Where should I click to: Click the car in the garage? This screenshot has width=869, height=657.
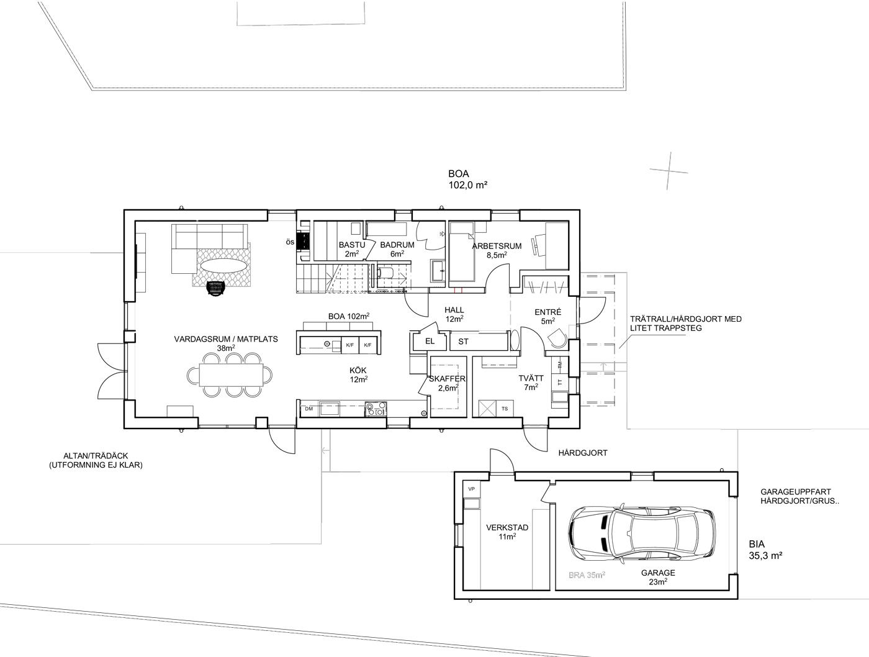point(642,532)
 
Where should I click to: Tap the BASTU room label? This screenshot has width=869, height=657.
point(351,245)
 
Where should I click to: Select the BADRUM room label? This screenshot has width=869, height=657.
point(397,245)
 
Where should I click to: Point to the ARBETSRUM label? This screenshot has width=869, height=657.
point(497,246)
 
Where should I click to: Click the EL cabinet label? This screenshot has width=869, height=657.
point(430,342)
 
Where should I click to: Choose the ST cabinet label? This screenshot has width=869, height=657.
point(463,342)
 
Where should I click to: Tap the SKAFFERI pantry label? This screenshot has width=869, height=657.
point(447,379)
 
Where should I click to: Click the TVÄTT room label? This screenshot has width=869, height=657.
point(531,378)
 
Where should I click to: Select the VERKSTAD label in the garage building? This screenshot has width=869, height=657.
point(507,527)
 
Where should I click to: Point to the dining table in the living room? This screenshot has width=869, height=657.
point(231,374)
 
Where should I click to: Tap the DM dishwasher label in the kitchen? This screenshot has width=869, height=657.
point(308,409)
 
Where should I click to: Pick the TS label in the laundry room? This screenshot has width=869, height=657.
point(505,409)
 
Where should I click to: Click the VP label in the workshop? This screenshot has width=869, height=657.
point(472,489)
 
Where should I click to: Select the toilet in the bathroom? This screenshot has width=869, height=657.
point(385,272)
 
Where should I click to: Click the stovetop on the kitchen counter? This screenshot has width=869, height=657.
point(376,409)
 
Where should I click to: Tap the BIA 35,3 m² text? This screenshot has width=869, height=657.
point(765,550)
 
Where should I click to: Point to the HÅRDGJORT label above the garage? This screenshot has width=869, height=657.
point(583,453)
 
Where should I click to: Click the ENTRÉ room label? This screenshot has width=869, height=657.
point(547,312)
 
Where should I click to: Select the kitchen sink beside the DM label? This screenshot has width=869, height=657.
point(330,409)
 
